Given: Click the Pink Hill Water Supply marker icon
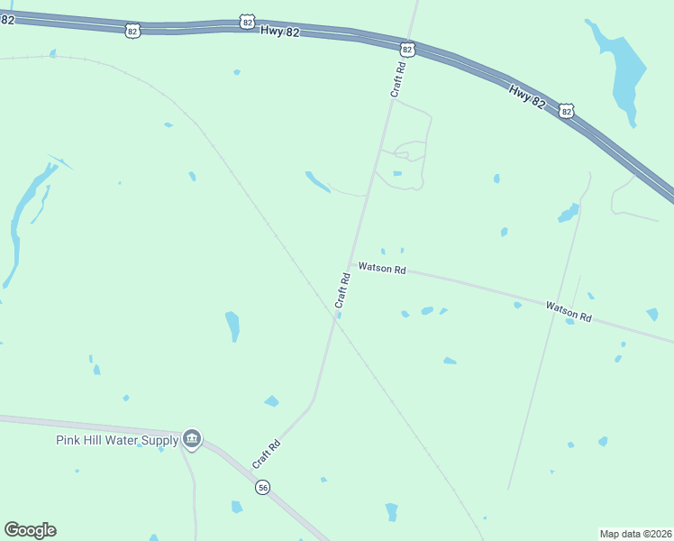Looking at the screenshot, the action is click(191, 439).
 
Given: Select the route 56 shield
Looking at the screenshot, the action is click(262, 487).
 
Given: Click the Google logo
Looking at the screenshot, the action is click(30, 530).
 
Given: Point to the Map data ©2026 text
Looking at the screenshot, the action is click(636, 533).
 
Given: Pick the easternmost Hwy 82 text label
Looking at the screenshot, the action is click(527, 96).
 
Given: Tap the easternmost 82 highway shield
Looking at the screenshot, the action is click(566, 110).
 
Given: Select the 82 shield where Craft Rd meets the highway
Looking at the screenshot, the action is click(407, 49).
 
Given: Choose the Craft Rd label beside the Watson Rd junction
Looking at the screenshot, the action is click(342, 290).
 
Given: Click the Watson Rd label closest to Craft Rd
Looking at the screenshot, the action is click(382, 268).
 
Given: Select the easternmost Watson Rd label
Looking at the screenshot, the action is click(569, 312).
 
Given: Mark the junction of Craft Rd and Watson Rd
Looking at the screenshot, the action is click(351, 264).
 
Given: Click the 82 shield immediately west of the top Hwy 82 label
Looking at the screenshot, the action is click(248, 20).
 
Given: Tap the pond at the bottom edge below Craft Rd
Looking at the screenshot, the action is click(391, 511).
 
